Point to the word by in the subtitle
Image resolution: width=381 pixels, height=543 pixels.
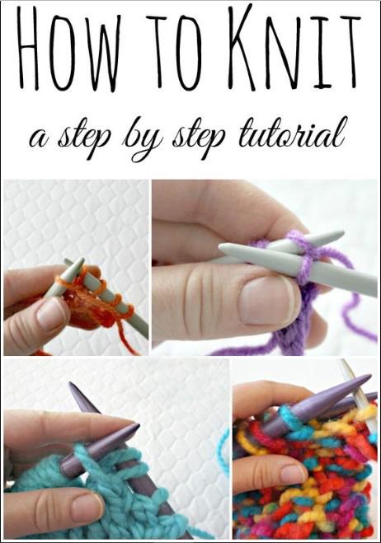click(x=143, y=139)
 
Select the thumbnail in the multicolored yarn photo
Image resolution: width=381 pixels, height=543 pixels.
click(x=292, y=474)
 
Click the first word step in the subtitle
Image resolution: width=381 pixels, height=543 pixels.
click(x=84, y=137)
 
